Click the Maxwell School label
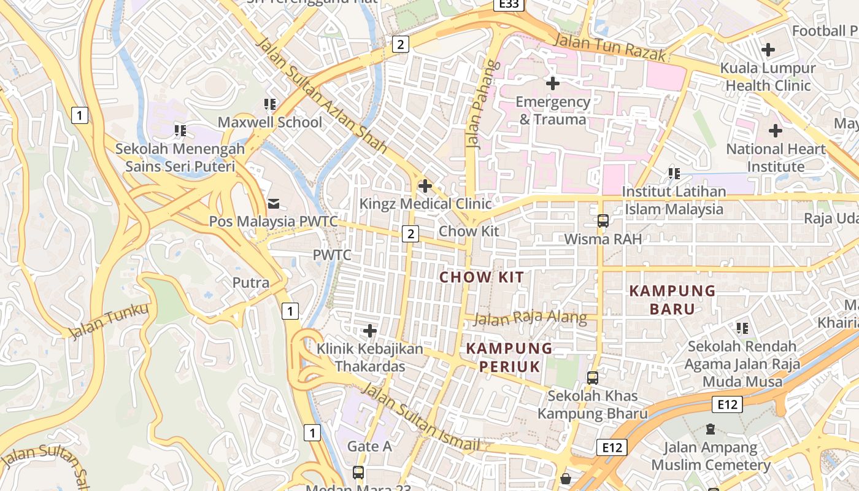tap(269, 122)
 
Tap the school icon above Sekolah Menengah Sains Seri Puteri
tap(180, 130)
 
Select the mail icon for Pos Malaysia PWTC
tap(274, 203)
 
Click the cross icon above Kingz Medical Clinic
tap(425, 185)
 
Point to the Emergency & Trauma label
tap(552, 110)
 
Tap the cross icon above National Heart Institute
tap(776, 131)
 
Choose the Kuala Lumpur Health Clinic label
tap(768, 77)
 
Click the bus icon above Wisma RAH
tap(603, 220)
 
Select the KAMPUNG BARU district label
tap(672, 300)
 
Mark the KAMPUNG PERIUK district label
tap(509, 357)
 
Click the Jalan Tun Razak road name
tap(609, 48)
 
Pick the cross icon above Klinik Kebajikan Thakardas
tap(370, 331)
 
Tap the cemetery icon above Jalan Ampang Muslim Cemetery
tap(711, 429)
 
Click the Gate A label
tap(369, 446)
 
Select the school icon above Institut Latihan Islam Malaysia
tap(674, 174)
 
